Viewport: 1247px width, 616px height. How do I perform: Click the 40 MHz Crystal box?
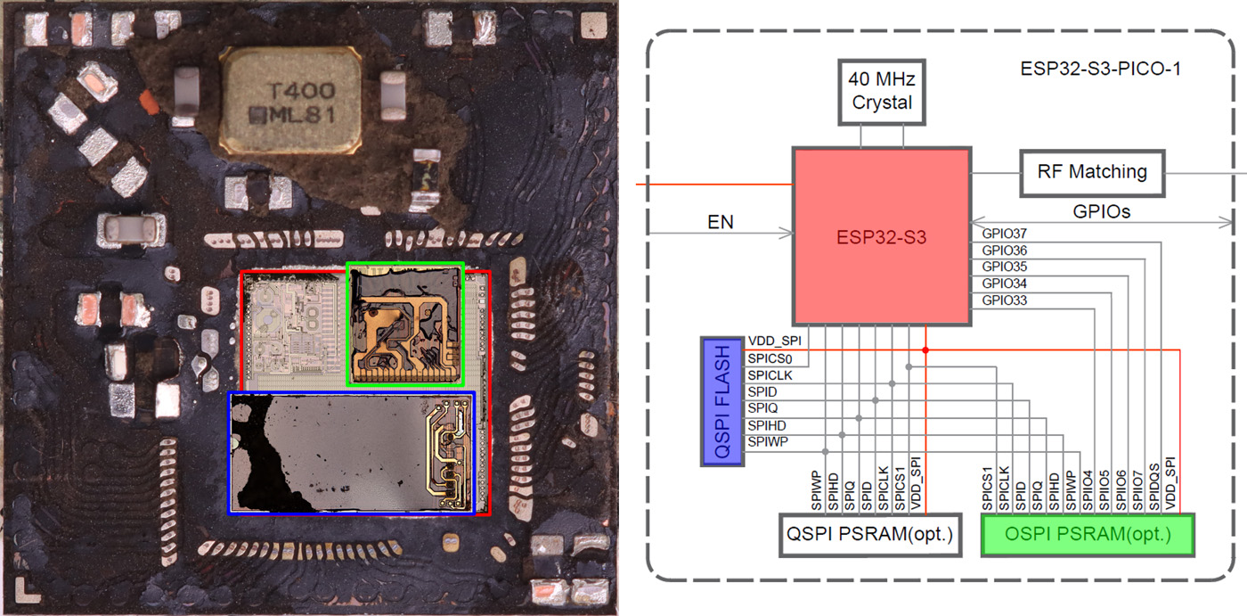[x=882, y=92]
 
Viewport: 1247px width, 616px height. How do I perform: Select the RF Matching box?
[x=1092, y=171]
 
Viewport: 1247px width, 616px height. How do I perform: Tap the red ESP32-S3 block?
[x=881, y=237]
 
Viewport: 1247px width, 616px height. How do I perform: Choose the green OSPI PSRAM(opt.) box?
[x=1087, y=535]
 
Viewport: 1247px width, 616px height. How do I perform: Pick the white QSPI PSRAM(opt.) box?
[x=869, y=535]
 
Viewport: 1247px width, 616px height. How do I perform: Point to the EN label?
[x=721, y=222]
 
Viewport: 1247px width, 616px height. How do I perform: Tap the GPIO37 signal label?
[x=1004, y=234]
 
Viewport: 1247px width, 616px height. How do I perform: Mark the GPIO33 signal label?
[x=1004, y=300]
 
